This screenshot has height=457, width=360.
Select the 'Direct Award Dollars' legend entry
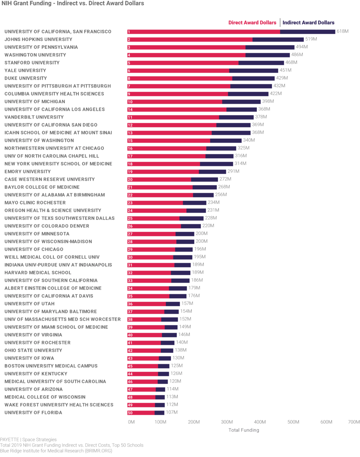point(252,23)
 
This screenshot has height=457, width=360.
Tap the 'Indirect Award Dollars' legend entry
point(308,23)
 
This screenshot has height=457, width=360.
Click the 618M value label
point(342,31)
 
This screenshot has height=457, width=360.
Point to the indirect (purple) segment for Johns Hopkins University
point(278,40)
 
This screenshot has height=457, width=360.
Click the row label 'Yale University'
point(25,71)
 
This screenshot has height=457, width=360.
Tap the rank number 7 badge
point(129,86)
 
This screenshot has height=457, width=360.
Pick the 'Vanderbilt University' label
point(34,117)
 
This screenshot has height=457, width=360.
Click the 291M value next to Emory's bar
point(233,171)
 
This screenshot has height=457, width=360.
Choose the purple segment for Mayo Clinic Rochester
point(194,203)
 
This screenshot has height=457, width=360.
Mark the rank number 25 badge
point(130,218)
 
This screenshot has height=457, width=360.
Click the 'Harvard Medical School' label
point(38,273)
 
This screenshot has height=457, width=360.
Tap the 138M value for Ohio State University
point(180,350)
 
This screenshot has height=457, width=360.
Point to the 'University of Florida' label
point(33,413)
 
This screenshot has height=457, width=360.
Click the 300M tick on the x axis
point(227,422)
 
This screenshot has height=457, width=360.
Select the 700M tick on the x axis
point(354,422)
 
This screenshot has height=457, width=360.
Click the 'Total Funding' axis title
point(244,430)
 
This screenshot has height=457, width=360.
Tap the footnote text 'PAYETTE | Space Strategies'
point(28,440)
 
